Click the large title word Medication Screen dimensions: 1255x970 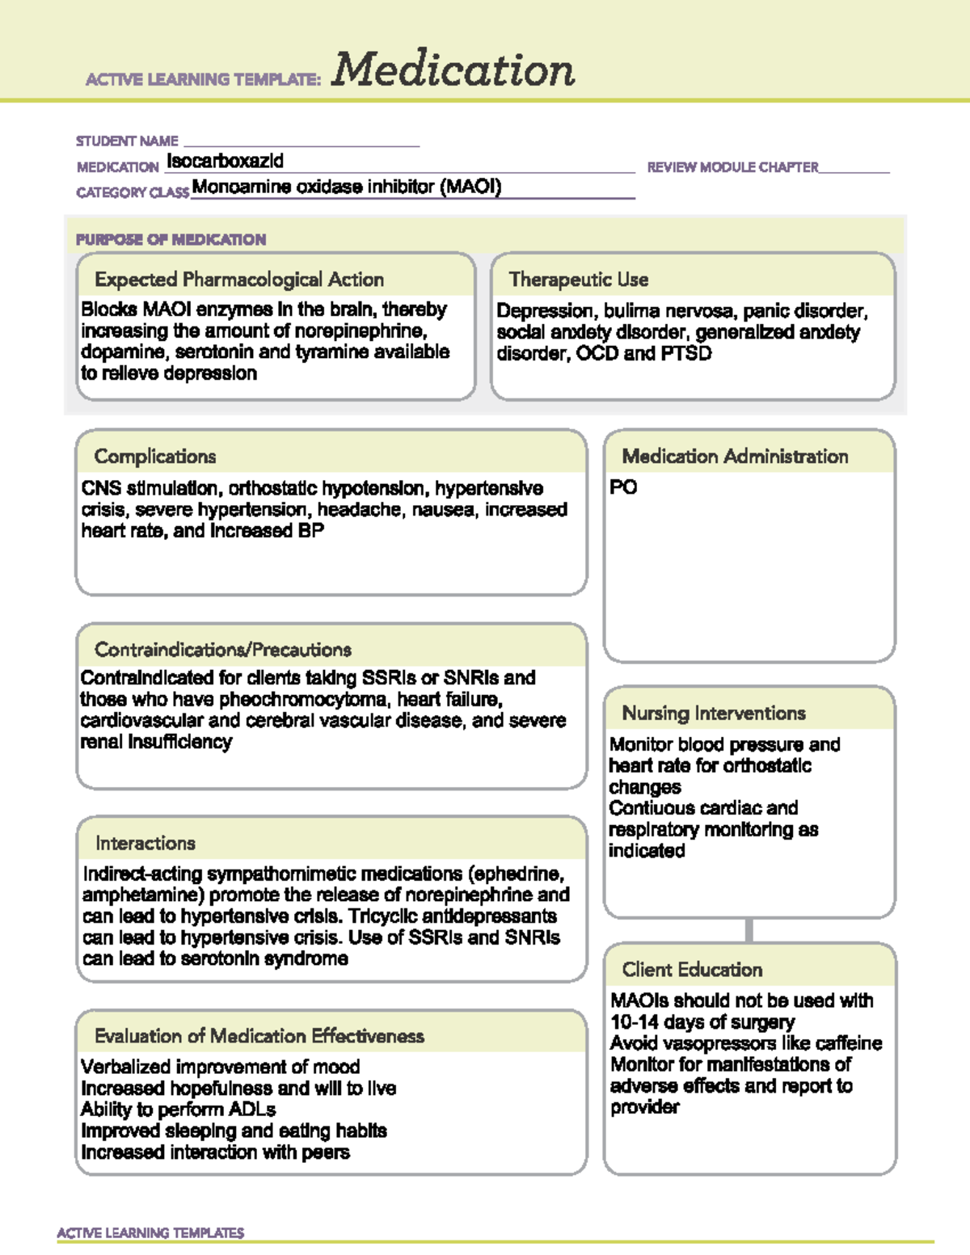click(453, 69)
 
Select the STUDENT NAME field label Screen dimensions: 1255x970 click(127, 141)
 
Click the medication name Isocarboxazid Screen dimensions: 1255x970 click(225, 161)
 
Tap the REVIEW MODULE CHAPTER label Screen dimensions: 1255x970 click(732, 167)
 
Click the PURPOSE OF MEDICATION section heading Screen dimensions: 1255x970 click(171, 240)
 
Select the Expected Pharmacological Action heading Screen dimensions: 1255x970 click(239, 280)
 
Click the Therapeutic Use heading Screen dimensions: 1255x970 click(578, 280)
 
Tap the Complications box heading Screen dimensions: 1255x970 click(155, 457)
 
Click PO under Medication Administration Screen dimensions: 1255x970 click(623, 487)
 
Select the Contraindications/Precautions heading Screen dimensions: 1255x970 click(223, 650)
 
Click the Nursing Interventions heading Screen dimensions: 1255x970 click(714, 714)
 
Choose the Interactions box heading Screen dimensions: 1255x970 click(145, 844)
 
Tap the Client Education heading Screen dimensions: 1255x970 click(692, 970)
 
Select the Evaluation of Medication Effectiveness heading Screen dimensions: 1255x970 click(259, 1036)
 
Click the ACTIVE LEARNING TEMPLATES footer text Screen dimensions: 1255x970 click(150, 1233)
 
